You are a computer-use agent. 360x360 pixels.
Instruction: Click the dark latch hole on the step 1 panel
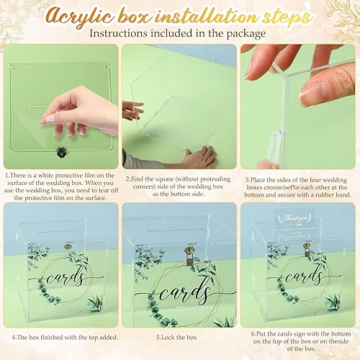(60, 153)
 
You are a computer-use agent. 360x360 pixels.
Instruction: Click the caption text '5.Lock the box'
(179, 336)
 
